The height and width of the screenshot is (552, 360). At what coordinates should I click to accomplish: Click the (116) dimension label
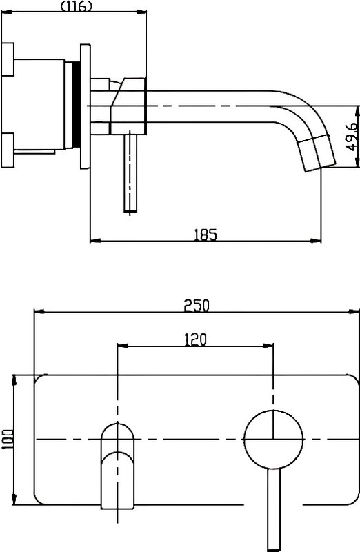[77, 6]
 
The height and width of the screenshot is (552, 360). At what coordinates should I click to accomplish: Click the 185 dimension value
[206, 235]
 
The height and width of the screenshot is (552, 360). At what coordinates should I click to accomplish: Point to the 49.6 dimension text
[351, 137]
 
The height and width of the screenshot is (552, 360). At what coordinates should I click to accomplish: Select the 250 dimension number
[197, 306]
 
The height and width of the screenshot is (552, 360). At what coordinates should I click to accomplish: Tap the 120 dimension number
[195, 339]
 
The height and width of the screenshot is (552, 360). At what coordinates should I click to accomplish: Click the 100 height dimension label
[7, 439]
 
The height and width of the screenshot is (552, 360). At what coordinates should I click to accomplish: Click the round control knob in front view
[273, 440]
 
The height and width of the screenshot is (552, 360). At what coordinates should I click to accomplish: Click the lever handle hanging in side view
[130, 171]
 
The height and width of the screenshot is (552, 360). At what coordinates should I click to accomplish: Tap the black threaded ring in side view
[76, 104]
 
